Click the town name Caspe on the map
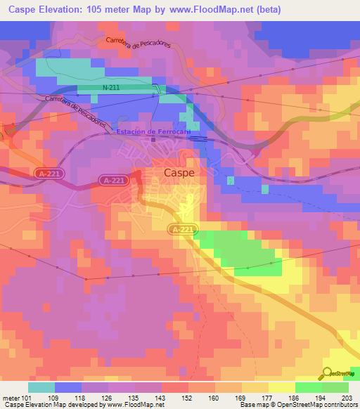click(x=179, y=171)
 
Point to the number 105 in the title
click(x=102, y=10)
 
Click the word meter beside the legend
click(x=11, y=397)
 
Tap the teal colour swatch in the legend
click(x=41, y=387)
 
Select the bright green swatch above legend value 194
click(x=309, y=387)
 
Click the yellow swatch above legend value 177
click(x=255, y=387)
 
